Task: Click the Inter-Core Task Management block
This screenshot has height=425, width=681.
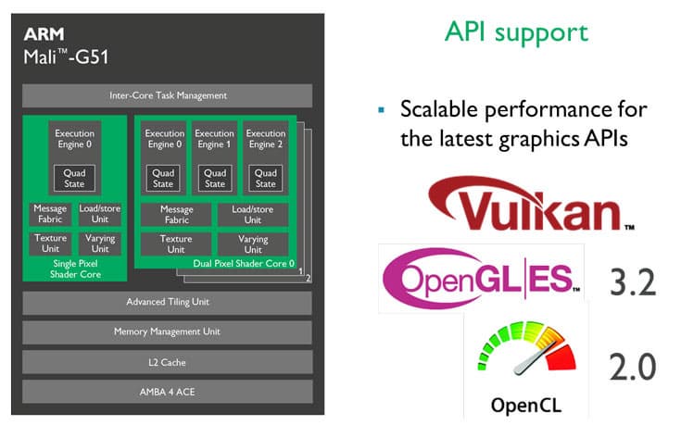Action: (x=167, y=95)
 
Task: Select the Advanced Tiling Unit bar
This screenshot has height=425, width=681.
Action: (x=167, y=302)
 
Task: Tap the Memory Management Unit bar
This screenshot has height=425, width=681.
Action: (x=167, y=332)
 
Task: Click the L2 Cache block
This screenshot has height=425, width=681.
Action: (x=167, y=362)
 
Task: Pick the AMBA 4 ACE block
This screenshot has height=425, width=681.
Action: (x=167, y=392)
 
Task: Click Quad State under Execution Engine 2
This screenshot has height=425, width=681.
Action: (x=265, y=178)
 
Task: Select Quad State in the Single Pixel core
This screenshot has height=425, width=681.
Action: (x=74, y=178)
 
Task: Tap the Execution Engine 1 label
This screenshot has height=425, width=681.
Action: (x=214, y=139)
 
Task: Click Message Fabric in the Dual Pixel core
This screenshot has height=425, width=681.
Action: (x=176, y=215)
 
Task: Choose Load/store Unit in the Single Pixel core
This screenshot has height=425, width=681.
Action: (x=100, y=214)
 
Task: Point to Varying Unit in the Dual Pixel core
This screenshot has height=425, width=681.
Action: (x=253, y=244)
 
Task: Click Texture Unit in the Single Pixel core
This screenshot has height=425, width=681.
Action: (x=50, y=244)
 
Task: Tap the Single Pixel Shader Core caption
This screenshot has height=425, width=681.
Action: (x=75, y=269)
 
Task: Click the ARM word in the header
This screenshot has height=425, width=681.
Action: (x=44, y=34)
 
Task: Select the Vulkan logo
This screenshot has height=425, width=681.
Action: (x=531, y=204)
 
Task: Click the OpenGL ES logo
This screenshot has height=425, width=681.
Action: (x=481, y=279)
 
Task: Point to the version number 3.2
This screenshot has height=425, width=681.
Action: (x=633, y=282)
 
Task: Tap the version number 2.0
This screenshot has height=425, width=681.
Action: (x=632, y=368)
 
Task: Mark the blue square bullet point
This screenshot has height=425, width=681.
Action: (x=382, y=110)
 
